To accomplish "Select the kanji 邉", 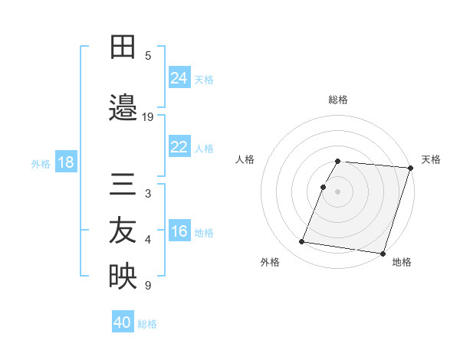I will tap(123, 108).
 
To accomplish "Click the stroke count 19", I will tap(148, 117).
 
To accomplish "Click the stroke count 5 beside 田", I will tap(148, 55).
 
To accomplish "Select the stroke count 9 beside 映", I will tap(148, 286).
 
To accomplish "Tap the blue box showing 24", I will tap(179, 77).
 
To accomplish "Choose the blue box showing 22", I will tap(179, 147).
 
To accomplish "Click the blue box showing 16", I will tap(179, 231).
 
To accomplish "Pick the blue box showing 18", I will tap(65, 162).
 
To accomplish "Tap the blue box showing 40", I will tap(123, 322).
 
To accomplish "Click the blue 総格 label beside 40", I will tap(147, 324).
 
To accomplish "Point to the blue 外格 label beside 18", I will tap(41, 163).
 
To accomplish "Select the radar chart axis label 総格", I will tap(337, 100).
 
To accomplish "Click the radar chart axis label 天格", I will tap(431, 159).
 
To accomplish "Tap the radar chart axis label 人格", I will tap(245, 159).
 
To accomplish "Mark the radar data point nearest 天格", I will tap(410, 168).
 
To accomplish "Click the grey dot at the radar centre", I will tap(337, 191).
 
